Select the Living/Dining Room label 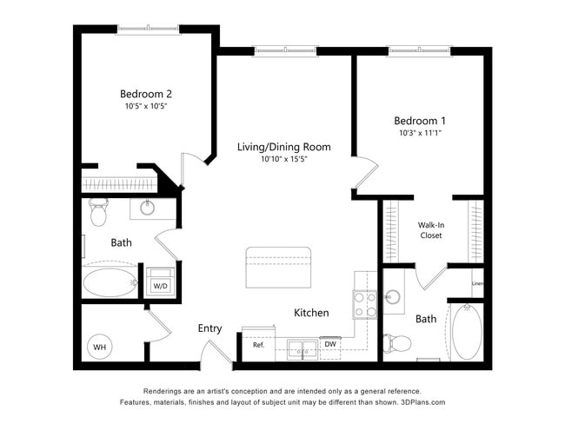click(x=283, y=146)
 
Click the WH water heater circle click(x=100, y=348)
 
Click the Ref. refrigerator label click(x=258, y=345)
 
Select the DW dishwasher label click(x=329, y=345)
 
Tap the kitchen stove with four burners click(x=365, y=303)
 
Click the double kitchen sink click(x=302, y=350)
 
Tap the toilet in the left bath click(x=97, y=210)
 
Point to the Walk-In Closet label click(x=430, y=229)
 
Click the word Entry click(x=209, y=328)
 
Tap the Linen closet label click(x=477, y=284)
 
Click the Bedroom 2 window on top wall click(x=149, y=30)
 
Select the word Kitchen click(x=311, y=313)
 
